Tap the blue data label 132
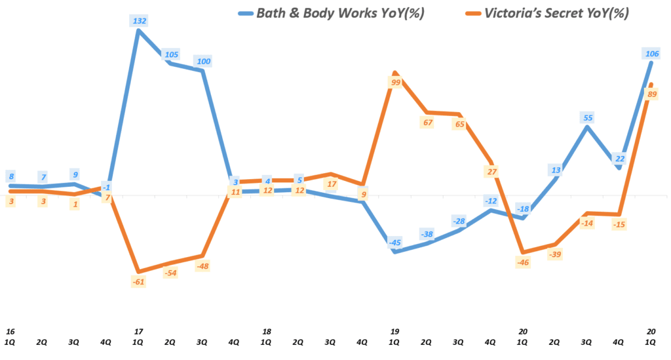pyautogui.click(x=139, y=21)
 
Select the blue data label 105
pyautogui.click(x=171, y=54)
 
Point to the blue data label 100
pyautogui.click(x=203, y=61)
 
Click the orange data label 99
pyautogui.click(x=394, y=82)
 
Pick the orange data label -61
pyautogui.click(x=138, y=281)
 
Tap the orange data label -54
pyautogui.click(x=171, y=273)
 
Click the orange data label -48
pyautogui.click(x=202, y=266)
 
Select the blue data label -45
pyautogui.click(x=394, y=243)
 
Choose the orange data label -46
pyautogui.click(x=523, y=262)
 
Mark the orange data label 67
pyautogui.click(x=427, y=123)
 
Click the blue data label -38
pyautogui.click(x=427, y=234)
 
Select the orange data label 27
pyautogui.click(x=491, y=172)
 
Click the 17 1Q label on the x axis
pyautogui.click(x=138, y=337)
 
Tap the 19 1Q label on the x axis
pyautogui.click(x=394, y=337)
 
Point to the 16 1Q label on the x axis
pyautogui.click(x=10, y=337)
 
